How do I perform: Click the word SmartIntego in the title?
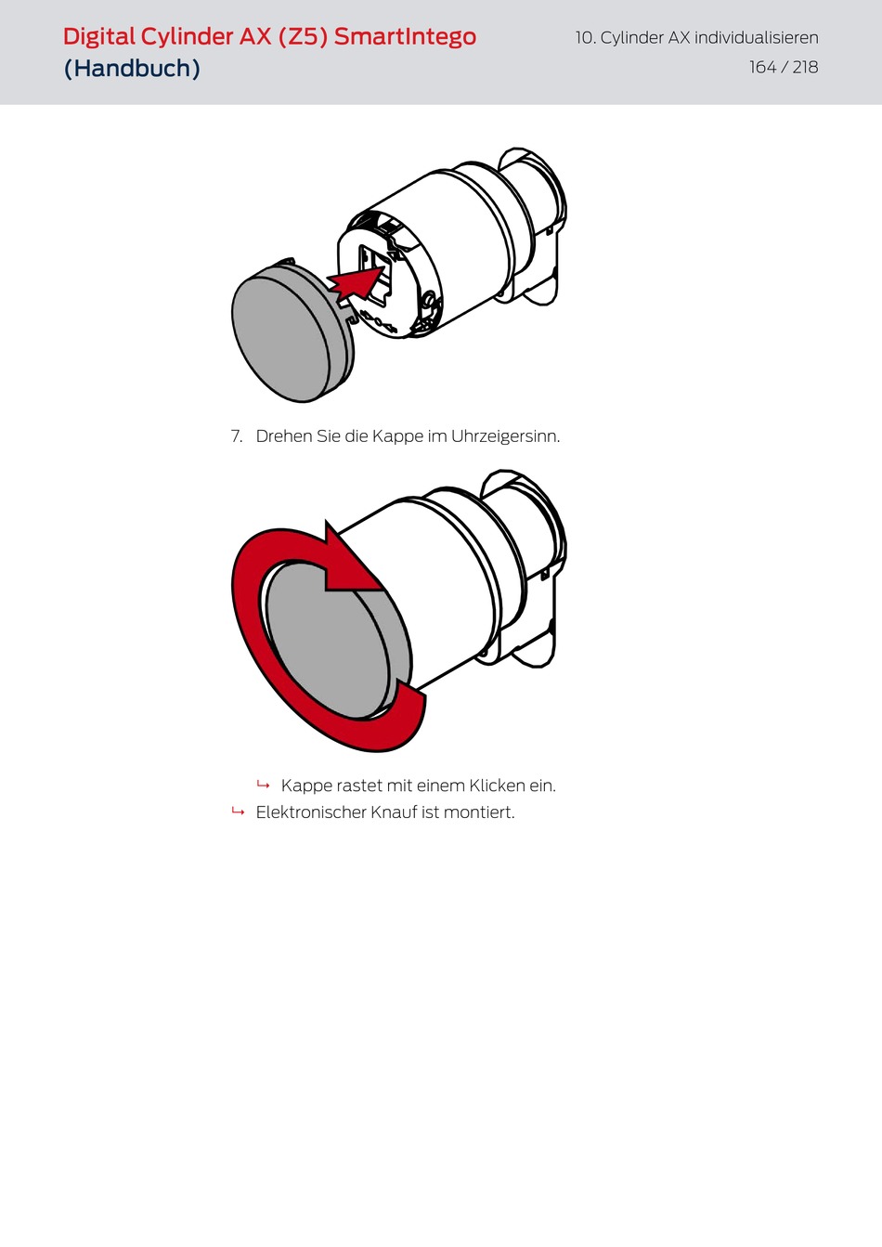(x=405, y=37)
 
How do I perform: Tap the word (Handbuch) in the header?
(x=132, y=68)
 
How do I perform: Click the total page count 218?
(x=805, y=68)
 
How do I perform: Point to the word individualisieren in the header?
(x=757, y=38)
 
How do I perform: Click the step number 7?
(x=237, y=435)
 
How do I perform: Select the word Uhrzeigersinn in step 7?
(x=504, y=435)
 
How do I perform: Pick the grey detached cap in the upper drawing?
(x=290, y=331)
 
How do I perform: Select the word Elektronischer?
(x=310, y=812)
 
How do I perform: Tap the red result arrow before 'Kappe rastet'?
(x=264, y=785)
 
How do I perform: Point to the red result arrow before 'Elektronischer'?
(x=238, y=812)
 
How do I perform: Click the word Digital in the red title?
(x=99, y=38)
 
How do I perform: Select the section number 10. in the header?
(x=586, y=38)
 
